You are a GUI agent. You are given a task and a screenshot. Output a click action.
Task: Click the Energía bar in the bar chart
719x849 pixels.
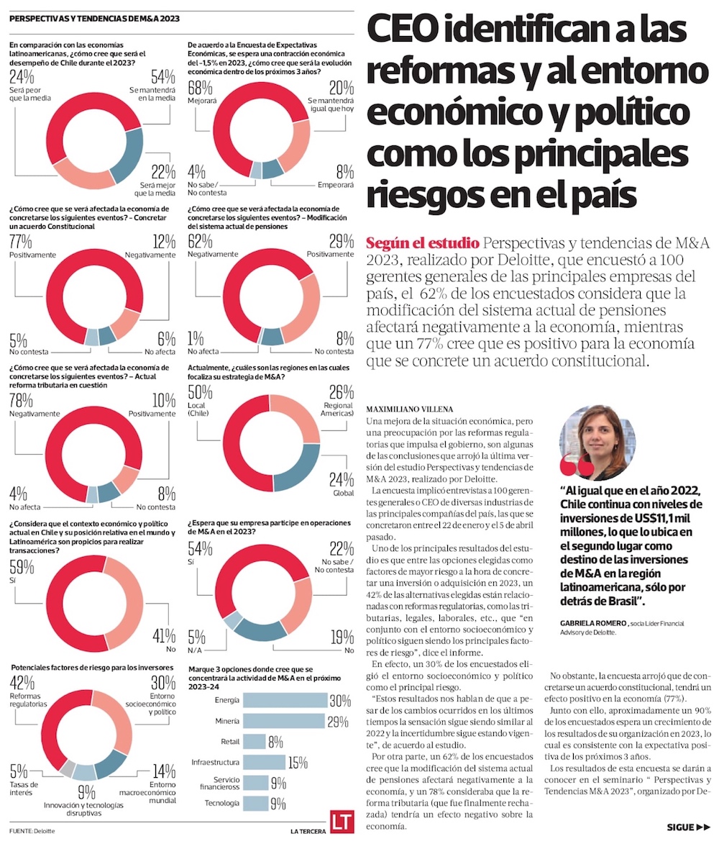(x=285, y=700)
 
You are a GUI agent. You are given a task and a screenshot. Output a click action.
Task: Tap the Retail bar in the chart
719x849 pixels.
(x=255, y=742)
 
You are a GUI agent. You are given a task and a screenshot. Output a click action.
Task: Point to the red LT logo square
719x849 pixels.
(x=340, y=822)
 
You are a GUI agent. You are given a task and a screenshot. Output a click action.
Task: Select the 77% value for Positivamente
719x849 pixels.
(x=21, y=241)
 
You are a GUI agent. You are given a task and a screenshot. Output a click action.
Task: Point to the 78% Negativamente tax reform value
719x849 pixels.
(x=21, y=400)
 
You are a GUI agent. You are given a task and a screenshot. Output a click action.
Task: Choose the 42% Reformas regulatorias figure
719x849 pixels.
(x=20, y=684)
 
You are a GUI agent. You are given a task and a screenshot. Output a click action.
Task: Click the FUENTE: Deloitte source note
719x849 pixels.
(x=32, y=831)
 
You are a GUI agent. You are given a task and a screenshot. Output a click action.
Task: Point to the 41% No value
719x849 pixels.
(x=162, y=636)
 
